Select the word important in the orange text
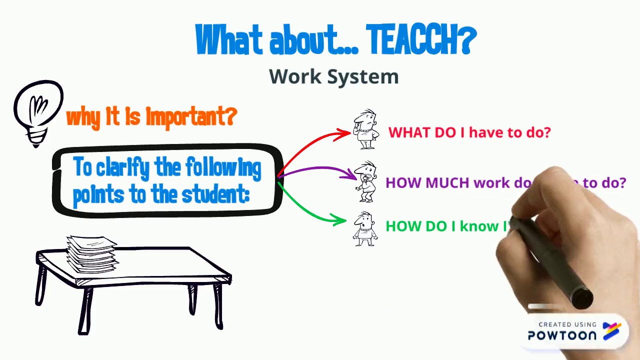(190, 117)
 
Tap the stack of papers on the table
(92, 254)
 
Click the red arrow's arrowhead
(345, 133)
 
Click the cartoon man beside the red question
(366, 129)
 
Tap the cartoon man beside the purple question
(366, 181)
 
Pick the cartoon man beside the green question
(365, 228)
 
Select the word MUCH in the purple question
(448, 183)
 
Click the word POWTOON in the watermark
(562, 335)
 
